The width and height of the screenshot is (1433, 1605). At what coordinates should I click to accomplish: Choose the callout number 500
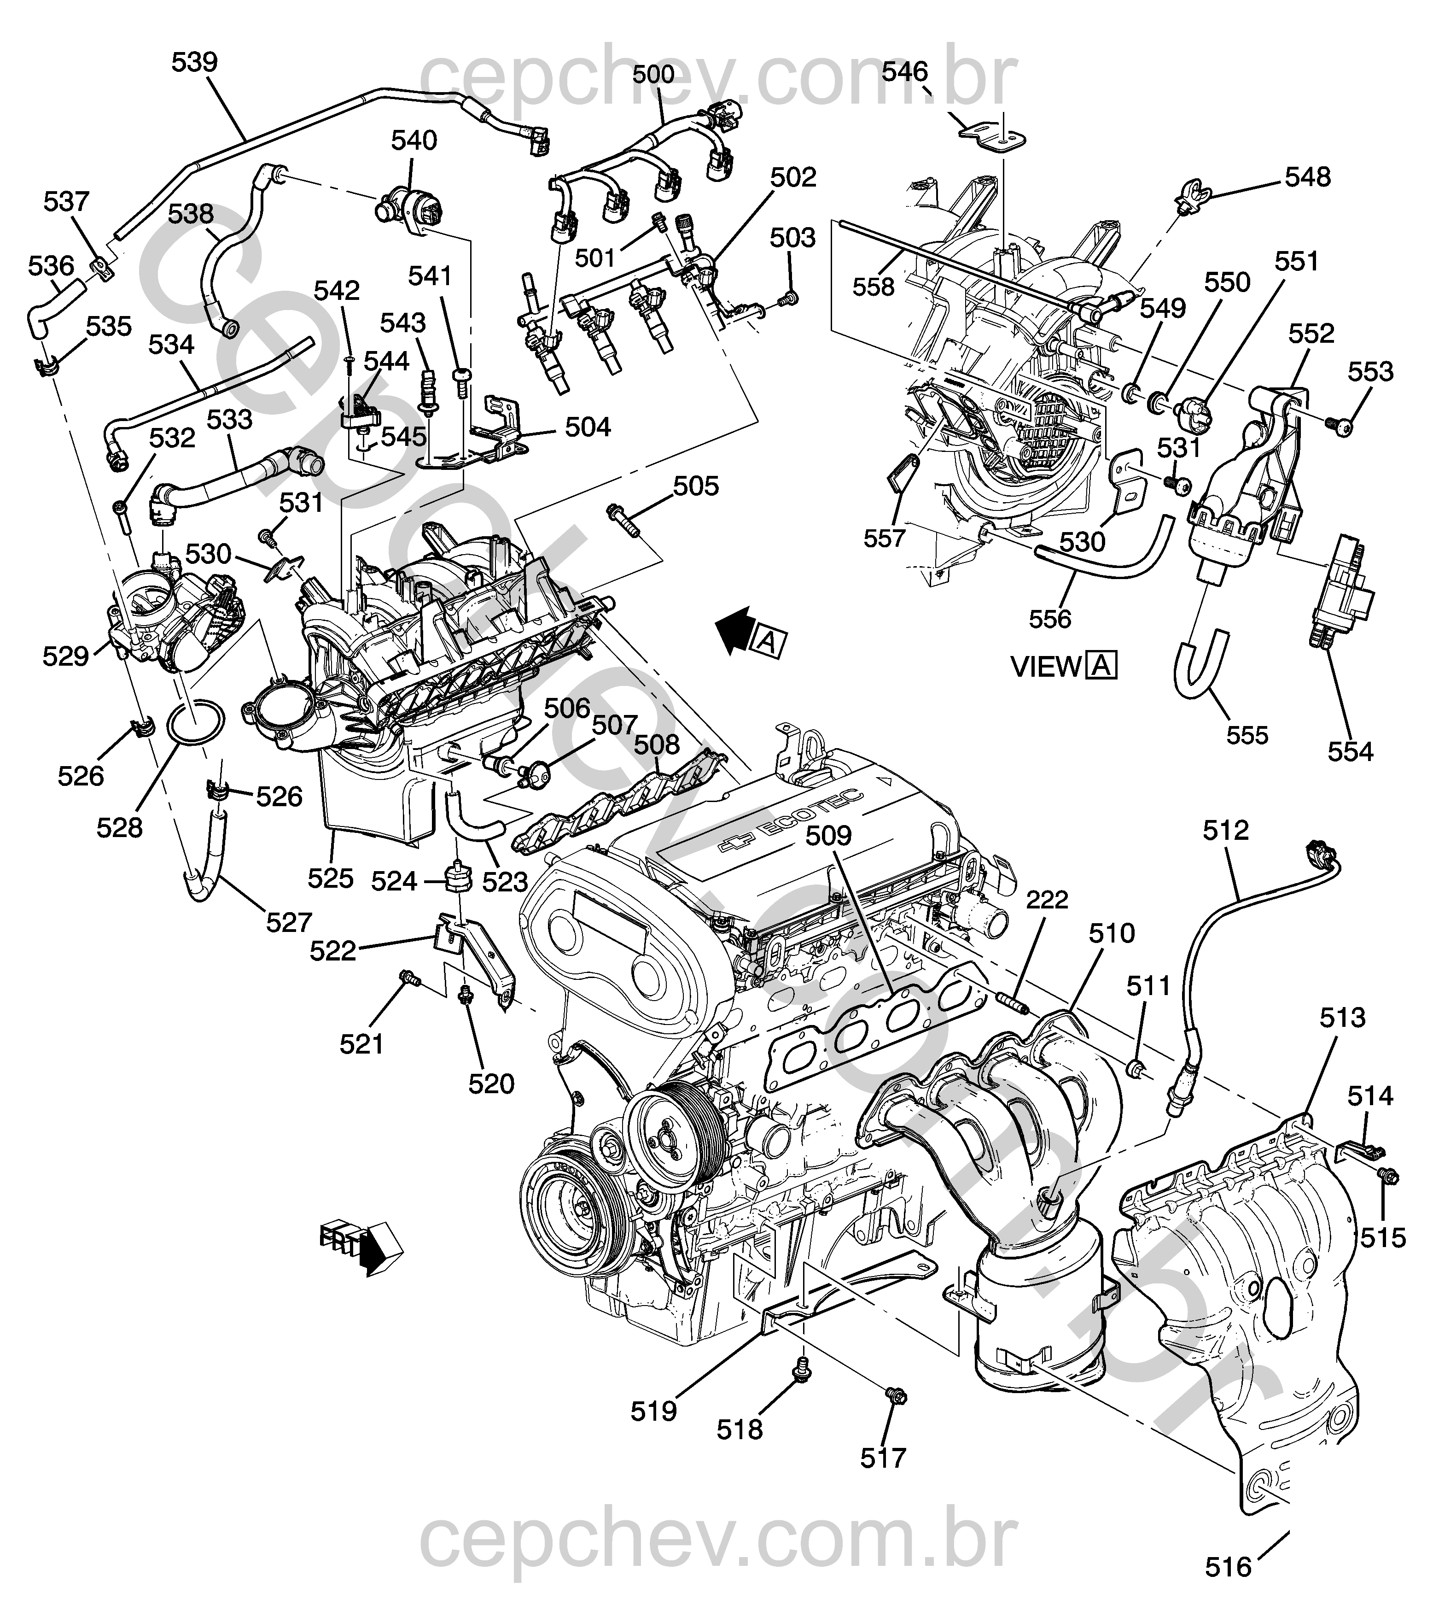click(653, 74)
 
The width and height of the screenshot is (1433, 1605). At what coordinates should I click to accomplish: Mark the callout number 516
click(1228, 1567)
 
